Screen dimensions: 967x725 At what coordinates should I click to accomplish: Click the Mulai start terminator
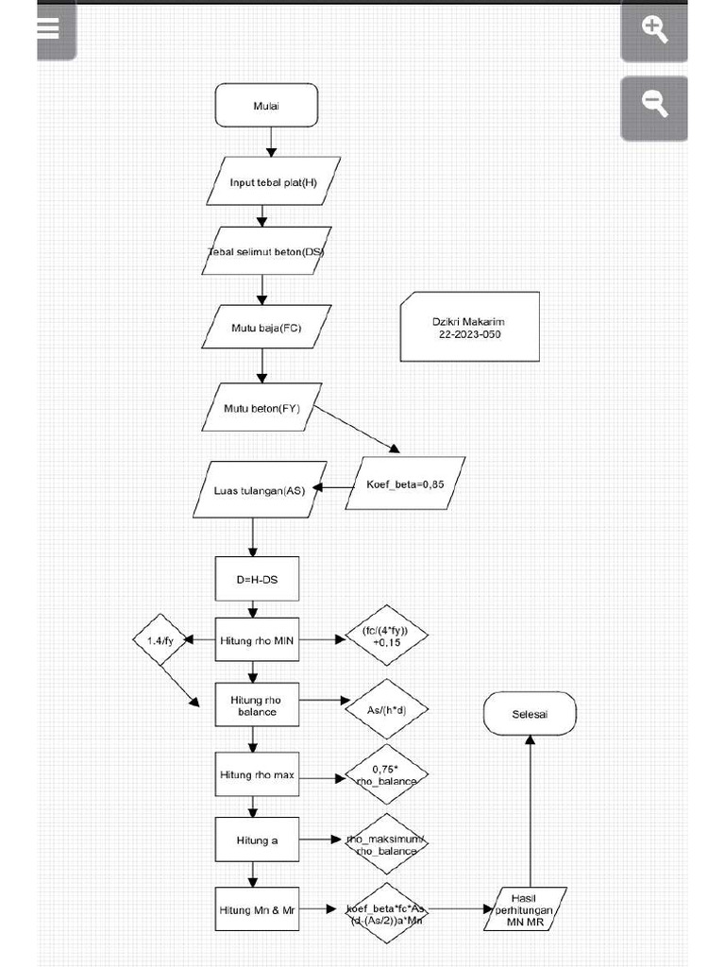point(266,105)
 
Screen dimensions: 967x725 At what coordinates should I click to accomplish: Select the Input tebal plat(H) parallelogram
point(273,181)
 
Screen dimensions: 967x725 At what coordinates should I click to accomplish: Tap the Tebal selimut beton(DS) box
point(266,251)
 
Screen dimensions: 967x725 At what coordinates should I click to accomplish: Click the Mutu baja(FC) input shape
point(266,328)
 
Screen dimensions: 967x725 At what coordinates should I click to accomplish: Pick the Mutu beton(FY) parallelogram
point(261,407)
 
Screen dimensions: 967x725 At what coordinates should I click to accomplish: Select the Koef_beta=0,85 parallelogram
point(405,483)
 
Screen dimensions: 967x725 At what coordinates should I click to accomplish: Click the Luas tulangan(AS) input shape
point(260,488)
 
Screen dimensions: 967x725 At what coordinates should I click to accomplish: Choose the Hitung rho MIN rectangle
point(257,640)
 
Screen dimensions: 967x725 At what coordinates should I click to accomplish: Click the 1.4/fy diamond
point(160,640)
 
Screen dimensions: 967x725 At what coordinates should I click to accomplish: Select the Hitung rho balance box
point(257,705)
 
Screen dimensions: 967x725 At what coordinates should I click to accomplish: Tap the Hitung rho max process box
point(257,774)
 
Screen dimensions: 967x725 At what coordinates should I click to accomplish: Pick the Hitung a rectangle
point(257,840)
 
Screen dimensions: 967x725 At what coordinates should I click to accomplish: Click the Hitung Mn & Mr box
point(257,909)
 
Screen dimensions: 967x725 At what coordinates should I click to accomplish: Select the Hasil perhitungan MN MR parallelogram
point(525,909)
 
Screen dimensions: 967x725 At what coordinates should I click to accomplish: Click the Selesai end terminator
point(530,715)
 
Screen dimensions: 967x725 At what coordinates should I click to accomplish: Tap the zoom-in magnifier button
point(654,29)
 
